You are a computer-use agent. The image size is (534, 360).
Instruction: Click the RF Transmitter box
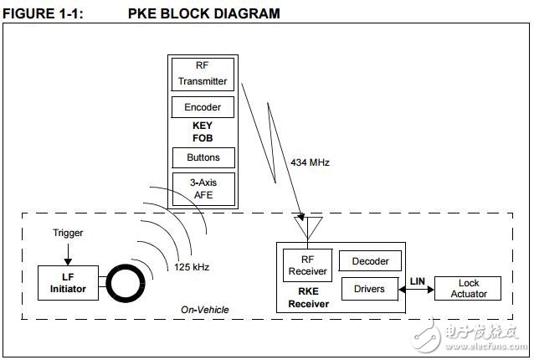[203, 74]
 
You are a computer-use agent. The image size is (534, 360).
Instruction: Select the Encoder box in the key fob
[203, 108]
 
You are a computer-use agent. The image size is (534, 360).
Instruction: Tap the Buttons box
[203, 157]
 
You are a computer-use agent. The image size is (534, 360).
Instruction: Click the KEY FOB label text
[203, 131]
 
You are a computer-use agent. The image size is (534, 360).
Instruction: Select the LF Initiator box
[68, 283]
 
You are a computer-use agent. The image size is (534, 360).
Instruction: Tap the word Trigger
[68, 233]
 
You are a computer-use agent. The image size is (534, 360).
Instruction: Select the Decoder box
[370, 261]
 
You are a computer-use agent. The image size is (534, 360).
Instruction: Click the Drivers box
[370, 289]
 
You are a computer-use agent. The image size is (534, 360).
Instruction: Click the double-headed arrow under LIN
[419, 289]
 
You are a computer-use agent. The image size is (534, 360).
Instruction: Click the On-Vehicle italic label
[205, 310]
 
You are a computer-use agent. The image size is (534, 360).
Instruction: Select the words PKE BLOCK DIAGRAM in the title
[204, 13]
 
